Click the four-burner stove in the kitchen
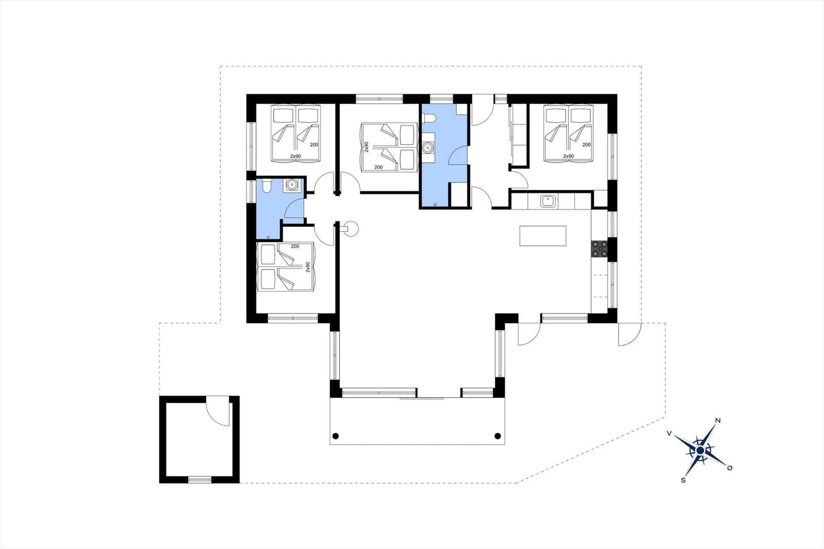coord(599,250)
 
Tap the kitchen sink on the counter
coord(547,201)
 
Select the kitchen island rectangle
coord(543,236)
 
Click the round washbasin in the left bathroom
coord(292,184)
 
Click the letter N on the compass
coord(717,421)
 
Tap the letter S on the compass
coord(683,480)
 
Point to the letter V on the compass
coord(669,434)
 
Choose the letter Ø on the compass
coord(730,468)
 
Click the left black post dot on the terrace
coord(335,436)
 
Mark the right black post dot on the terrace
coord(497,436)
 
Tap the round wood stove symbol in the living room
coord(350,229)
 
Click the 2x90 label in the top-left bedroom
coord(296,157)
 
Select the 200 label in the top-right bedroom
coord(587,145)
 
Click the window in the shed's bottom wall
coord(200,479)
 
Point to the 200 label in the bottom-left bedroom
coord(295,247)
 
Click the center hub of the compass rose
coord(700,451)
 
